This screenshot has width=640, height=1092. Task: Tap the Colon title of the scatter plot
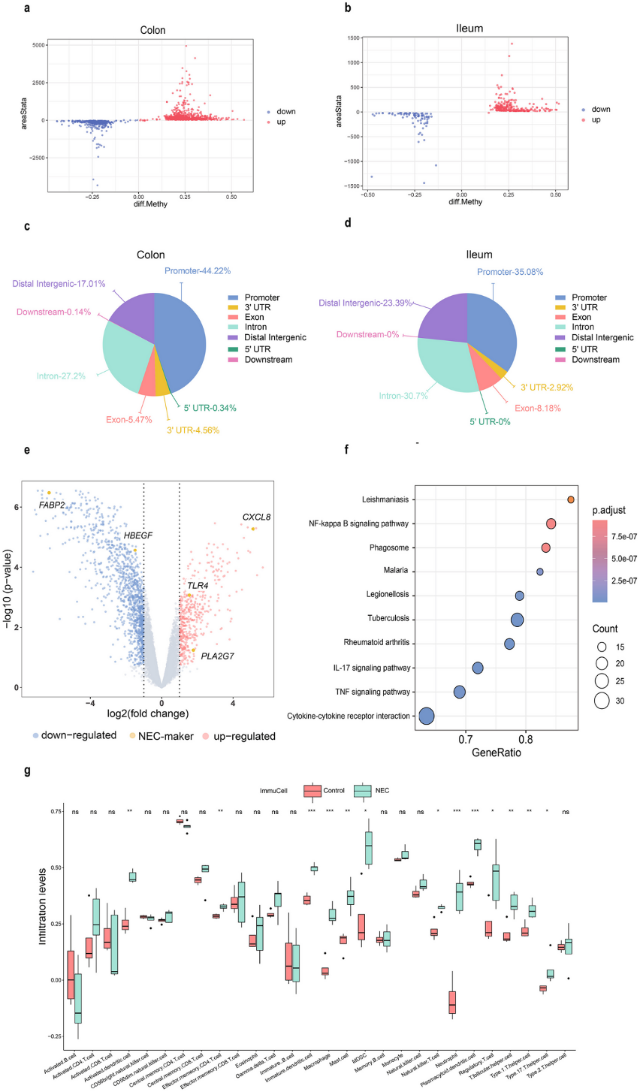[153, 31]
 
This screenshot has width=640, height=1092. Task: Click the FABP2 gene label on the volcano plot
[52, 505]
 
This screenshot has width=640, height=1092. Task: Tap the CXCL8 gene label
[256, 517]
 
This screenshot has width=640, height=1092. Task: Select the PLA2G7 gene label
[217, 656]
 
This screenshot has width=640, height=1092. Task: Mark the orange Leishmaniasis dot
[571, 499]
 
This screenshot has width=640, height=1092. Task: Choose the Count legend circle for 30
[600, 701]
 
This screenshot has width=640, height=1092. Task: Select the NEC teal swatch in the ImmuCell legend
[364, 790]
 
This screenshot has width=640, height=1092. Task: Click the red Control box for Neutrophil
[452, 1002]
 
